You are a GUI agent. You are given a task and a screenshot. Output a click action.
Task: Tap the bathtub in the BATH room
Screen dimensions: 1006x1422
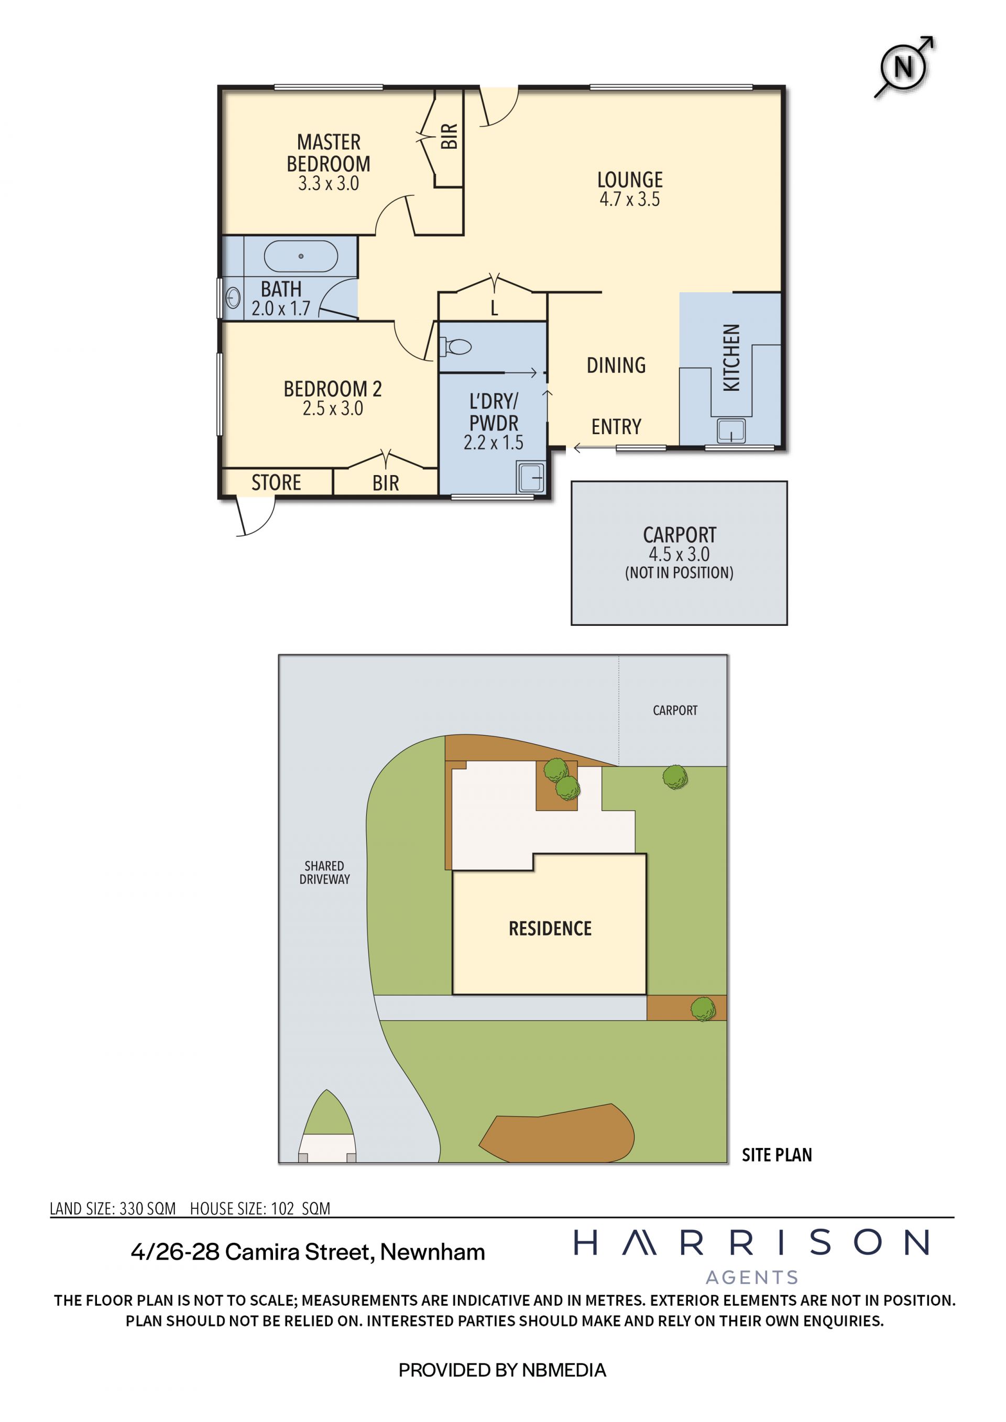point(301,256)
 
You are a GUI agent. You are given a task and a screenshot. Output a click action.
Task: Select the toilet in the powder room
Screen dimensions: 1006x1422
point(456,347)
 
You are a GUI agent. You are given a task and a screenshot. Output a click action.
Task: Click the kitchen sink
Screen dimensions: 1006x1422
point(731,431)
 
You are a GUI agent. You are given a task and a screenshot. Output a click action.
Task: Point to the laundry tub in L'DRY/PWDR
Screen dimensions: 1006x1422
point(531,478)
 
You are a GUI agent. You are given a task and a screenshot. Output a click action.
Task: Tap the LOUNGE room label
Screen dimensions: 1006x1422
point(630,180)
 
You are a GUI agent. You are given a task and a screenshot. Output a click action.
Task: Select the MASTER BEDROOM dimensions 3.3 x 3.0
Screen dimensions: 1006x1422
point(329,183)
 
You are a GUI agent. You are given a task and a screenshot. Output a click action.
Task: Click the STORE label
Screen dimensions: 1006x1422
point(276,482)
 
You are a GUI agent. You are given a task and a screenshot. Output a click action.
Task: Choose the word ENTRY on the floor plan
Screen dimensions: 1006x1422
point(616,427)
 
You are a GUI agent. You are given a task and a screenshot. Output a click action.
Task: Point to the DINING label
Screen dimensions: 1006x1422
point(616,366)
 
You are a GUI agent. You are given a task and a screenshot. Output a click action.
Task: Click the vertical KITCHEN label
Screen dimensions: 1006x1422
point(731,358)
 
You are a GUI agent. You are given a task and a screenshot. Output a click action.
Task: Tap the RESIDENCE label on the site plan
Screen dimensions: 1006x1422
point(550,929)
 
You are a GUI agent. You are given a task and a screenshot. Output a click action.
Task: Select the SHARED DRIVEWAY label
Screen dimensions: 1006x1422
point(325,873)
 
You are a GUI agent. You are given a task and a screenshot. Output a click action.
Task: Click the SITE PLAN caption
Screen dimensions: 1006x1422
point(777,1155)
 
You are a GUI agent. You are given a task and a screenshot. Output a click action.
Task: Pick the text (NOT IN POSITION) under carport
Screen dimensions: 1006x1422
point(679,573)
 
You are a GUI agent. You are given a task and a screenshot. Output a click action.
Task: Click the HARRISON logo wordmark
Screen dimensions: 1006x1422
point(751,1243)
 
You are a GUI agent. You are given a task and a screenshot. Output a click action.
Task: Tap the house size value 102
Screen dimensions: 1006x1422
point(282,1208)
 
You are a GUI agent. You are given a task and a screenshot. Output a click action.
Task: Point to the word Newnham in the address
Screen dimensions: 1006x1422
point(432,1252)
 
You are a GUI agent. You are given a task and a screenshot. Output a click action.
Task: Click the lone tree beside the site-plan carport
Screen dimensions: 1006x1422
point(674,777)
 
